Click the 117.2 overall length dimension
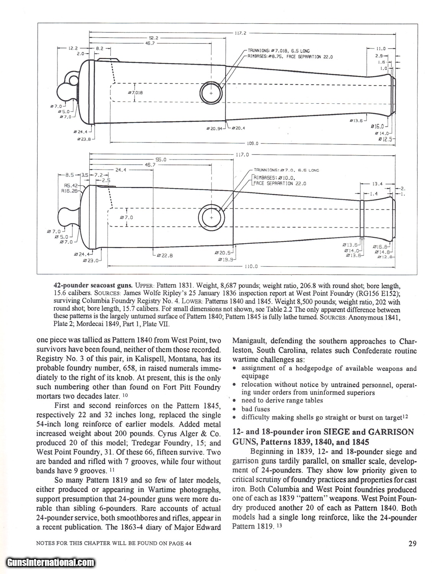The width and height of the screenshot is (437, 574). pyautogui.click(x=240, y=33)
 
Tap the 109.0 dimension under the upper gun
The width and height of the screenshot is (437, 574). pyautogui.click(x=252, y=143)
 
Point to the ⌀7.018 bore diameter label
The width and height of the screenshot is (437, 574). pyautogui.click(x=135, y=93)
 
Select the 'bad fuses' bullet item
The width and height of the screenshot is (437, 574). pyautogui.click(x=255, y=409)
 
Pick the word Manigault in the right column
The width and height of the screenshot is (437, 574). pyautogui.click(x=252, y=341)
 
